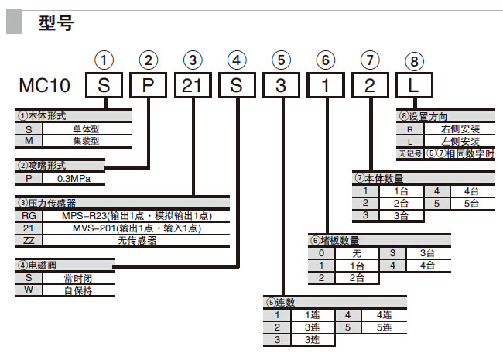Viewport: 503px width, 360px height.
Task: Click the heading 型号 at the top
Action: point(56,23)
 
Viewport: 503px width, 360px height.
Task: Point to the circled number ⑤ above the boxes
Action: point(282,59)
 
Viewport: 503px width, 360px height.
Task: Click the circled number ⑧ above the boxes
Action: point(416,60)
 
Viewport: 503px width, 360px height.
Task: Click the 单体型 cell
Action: point(86,129)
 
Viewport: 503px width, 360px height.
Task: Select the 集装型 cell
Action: point(86,140)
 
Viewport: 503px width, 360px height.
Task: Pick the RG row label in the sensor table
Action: point(29,216)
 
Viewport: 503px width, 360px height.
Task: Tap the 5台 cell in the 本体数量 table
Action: point(471,203)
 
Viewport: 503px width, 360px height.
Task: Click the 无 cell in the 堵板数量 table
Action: point(357,253)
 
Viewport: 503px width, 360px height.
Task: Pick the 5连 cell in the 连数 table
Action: point(385,327)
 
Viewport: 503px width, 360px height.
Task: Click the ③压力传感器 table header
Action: point(54,204)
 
